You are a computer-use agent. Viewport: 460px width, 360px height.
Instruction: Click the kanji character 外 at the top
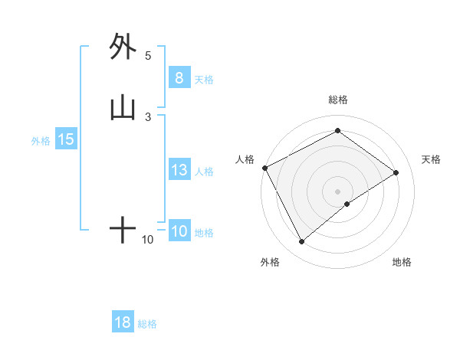point(123,47)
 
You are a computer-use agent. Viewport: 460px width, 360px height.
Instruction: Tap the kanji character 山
point(123,110)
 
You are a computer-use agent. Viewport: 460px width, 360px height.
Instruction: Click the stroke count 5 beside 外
point(148,55)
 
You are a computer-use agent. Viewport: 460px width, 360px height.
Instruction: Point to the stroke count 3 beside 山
point(148,116)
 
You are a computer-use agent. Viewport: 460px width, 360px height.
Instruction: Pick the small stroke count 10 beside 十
point(148,240)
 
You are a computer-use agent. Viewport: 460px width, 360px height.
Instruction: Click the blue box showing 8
point(179,78)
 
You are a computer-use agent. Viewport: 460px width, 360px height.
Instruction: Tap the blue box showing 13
point(179,170)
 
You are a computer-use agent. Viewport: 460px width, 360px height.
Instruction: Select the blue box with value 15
point(66,139)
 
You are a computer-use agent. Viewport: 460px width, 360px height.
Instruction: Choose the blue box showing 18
point(123,322)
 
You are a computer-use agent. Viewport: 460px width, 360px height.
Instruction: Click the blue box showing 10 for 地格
point(179,231)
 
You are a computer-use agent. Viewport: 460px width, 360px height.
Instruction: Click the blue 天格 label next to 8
point(204,80)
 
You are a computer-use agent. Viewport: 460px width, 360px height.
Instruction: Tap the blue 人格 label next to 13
point(204,172)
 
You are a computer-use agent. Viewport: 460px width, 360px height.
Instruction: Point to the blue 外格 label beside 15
point(41,141)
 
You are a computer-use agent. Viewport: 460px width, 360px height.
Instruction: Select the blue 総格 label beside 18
point(147,324)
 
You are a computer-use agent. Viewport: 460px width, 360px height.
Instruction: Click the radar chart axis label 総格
point(337,100)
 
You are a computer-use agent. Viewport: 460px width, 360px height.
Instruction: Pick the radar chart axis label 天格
point(432,159)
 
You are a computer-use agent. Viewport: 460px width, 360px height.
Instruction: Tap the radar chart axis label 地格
point(402,262)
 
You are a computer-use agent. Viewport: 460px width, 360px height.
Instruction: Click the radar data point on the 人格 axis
point(264,167)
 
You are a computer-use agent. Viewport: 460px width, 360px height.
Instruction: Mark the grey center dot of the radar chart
point(337,191)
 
